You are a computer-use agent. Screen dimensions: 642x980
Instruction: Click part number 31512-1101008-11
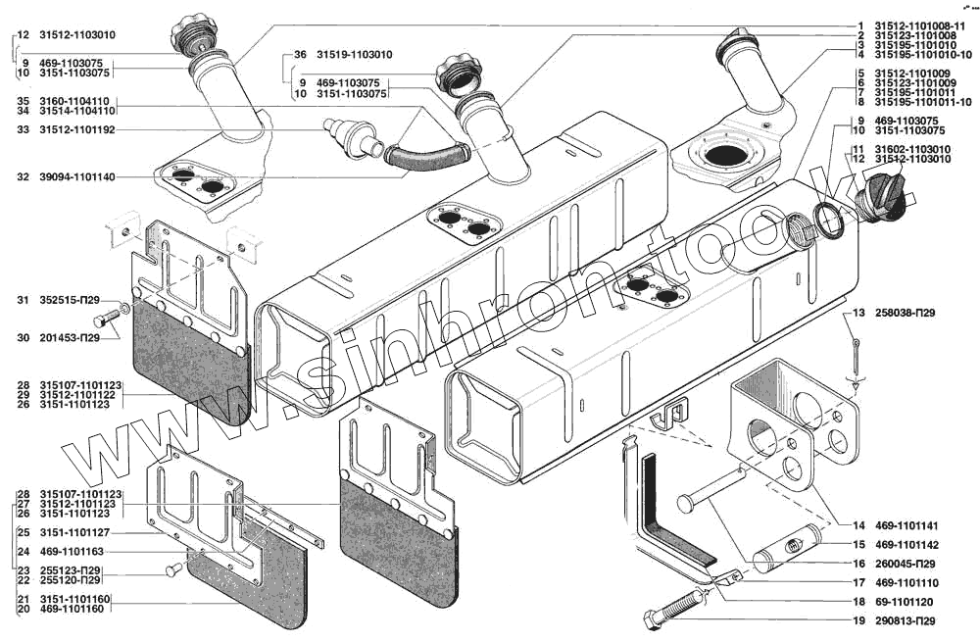(x=917, y=25)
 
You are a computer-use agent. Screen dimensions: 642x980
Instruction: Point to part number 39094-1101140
(x=77, y=177)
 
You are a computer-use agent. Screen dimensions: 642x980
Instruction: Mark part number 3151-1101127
(x=77, y=533)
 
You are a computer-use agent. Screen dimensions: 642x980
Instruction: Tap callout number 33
(x=22, y=129)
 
